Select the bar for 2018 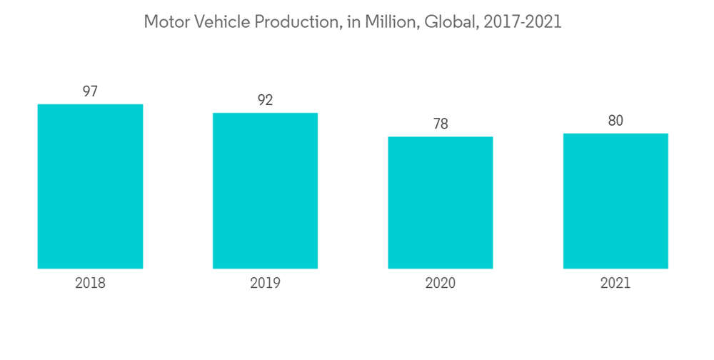(x=90, y=186)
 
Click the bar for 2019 (x=265, y=191)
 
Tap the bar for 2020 (x=441, y=203)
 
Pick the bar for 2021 (x=615, y=201)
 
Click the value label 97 (x=90, y=91)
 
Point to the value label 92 (x=265, y=100)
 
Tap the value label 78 (x=441, y=124)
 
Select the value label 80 (x=615, y=121)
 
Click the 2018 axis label (x=90, y=283)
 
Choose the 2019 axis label (x=265, y=283)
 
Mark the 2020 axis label (x=441, y=283)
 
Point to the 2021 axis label (x=615, y=283)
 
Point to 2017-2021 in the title (x=522, y=22)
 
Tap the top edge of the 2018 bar (x=90, y=105)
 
